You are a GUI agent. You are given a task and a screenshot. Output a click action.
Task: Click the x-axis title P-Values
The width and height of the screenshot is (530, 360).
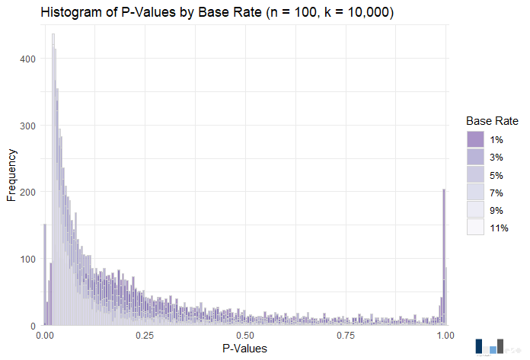[244, 348]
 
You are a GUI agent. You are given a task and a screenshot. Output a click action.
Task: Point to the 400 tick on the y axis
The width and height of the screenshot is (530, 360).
[28, 59]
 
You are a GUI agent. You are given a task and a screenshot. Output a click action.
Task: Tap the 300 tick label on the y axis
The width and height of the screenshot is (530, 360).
[28, 126]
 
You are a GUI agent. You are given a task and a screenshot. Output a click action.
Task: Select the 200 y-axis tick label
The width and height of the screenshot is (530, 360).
[28, 193]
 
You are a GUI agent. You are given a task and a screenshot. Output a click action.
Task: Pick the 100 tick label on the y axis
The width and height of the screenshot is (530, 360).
[28, 260]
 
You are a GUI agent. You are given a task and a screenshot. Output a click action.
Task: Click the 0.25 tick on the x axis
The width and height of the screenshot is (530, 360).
[145, 335]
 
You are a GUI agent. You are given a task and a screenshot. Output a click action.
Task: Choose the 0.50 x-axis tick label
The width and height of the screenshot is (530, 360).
[245, 335]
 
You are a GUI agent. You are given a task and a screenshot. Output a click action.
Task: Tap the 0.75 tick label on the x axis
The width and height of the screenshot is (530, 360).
[345, 335]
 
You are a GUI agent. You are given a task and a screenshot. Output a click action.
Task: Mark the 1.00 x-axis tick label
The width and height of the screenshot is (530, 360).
[445, 335]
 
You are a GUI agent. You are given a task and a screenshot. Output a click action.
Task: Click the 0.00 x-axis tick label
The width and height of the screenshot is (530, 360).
[45, 335]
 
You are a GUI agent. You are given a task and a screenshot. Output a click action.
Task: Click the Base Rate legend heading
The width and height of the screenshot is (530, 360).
[492, 121]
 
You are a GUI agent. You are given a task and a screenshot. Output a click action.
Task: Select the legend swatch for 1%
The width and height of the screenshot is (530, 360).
[475, 139]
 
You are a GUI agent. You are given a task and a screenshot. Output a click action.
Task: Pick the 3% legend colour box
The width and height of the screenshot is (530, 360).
[475, 157]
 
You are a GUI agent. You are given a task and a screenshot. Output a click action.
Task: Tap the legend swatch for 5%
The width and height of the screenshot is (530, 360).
[475, 174]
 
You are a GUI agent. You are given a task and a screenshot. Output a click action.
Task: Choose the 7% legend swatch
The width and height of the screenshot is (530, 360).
[475, 192]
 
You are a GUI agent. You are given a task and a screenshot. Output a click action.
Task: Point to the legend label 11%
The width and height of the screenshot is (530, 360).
[499, 228]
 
